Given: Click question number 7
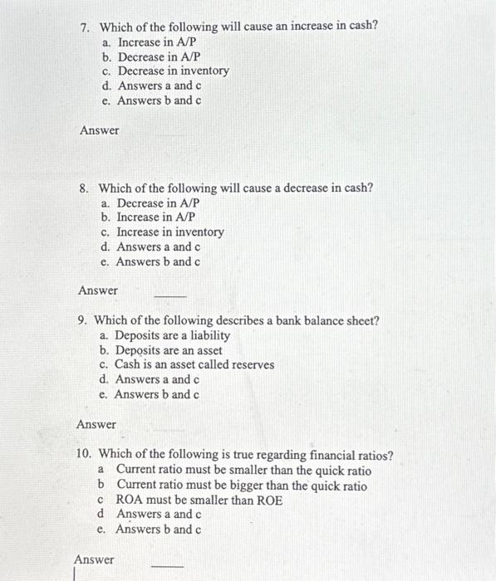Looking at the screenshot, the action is [84, 26].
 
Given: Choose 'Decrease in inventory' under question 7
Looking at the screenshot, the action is [173, 71].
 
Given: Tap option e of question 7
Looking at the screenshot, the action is [159, 101].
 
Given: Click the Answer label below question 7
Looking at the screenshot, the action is [99, 130].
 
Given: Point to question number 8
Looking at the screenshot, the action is [84, 188].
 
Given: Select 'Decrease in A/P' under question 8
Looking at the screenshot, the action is [158, 203].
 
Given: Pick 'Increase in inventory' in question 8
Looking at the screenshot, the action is [169, 232].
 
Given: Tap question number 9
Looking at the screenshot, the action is [81, 320].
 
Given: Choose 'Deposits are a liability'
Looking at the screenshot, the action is [172, 335].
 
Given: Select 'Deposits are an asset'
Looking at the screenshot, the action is [168, 350].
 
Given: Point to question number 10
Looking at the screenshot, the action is [83, 455].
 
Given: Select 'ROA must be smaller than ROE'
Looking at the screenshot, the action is [199, 500].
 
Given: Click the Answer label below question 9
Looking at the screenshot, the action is [96, 424].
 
